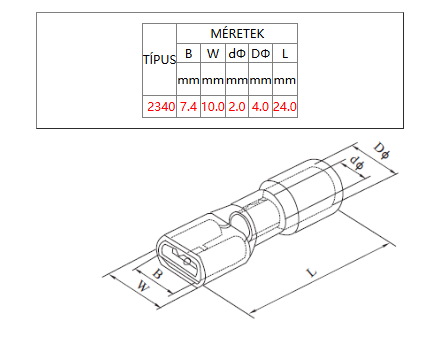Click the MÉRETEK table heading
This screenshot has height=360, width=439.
[237, 33]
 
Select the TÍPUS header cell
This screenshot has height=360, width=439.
[159, 59]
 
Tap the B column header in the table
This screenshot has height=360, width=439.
[188, 53]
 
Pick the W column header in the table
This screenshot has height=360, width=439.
[213, 53]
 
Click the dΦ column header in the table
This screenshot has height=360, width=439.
[237, 53]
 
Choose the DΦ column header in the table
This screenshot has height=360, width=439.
[260, 53]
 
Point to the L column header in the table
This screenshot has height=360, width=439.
[285, 53]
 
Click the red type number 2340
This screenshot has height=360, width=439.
[161, 107]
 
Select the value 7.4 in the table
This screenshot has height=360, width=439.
[188, 107]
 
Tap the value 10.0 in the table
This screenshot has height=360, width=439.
[213, 107]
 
